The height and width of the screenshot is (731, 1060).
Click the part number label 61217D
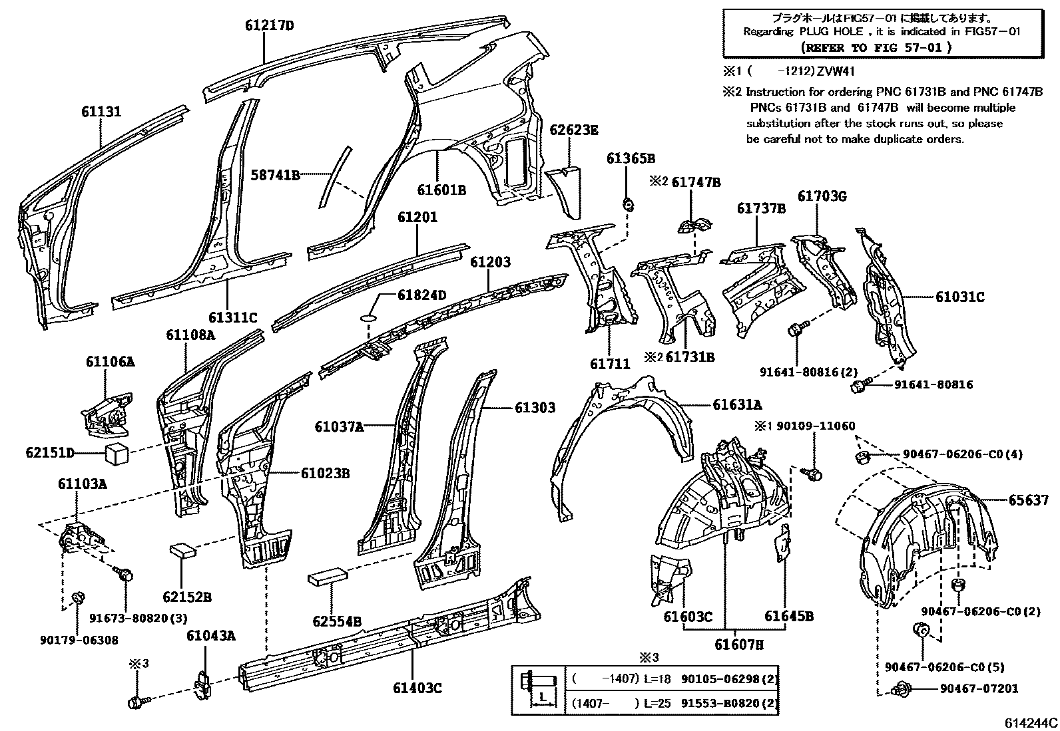269,27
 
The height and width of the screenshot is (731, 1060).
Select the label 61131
102,112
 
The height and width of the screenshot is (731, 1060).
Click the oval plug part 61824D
369,319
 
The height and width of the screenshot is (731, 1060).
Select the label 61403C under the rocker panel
415,688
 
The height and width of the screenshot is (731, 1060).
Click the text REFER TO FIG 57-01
876,47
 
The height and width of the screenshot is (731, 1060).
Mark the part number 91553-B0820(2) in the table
730,703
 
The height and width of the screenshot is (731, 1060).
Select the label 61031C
959,297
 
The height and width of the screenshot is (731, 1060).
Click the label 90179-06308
79,640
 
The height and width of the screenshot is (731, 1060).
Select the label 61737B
760,209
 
